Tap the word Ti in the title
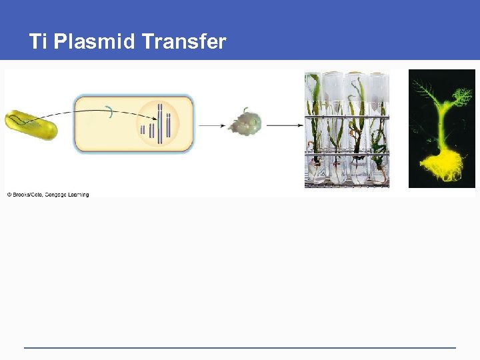pyautogui.click(x=38, y=42)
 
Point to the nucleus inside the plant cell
pyautogui.click(x=159, y=124)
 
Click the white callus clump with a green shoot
pyautogui.click(x=245, y=123)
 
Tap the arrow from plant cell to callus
pyautogui.click(x=211, y=125)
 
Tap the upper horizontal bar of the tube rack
pyautogui.click(x=347, y=118)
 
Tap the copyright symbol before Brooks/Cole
pyautogui.click(x=9, y=195)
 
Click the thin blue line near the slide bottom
pyautogui.click(x=240, y=347)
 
